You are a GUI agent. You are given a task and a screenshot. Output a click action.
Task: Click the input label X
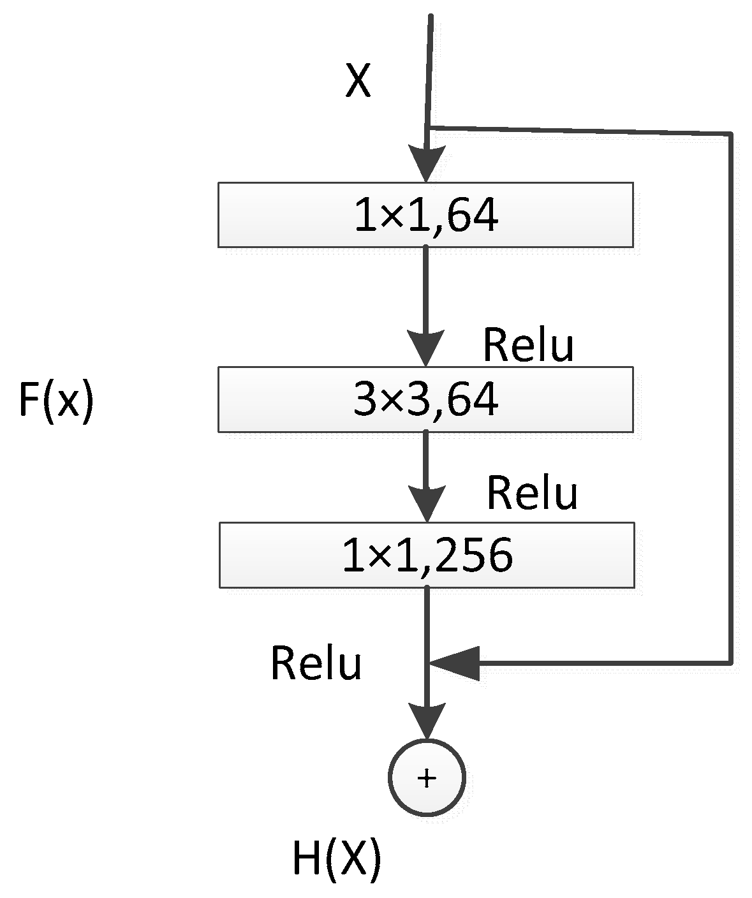click(358, 82)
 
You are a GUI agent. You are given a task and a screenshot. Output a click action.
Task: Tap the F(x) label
click(56, 401)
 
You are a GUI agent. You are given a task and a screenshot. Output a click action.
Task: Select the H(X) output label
click(336, 858)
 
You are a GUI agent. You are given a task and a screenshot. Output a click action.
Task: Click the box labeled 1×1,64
click(425, 215)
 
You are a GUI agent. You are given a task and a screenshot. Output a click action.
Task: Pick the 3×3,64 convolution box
click(425, 399)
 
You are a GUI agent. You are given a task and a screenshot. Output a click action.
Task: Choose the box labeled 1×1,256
click(427, 555)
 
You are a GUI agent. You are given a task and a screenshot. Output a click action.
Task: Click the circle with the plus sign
click(427, 777)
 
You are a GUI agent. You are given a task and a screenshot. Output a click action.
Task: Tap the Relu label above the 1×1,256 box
click(532, 493)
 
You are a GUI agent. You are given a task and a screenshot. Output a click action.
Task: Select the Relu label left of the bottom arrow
click(316, 663)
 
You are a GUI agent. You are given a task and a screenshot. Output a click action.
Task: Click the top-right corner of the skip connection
click(730, 133)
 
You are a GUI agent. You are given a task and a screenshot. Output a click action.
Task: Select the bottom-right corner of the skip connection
click(730, 663)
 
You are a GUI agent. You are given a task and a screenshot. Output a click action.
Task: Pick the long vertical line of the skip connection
click(730, 395)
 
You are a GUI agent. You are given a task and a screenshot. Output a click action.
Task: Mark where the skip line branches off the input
click(429, 128)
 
